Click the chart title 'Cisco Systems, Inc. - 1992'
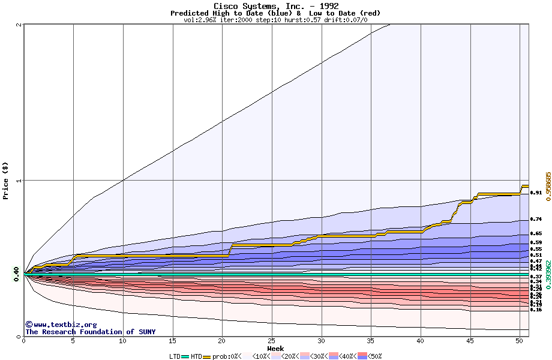(x=275, y=6)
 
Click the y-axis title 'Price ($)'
(x=6, y=180)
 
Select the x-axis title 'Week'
(x=275, y=348)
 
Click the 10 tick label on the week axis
(x=123, y=341)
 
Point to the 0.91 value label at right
(x=536, y=193)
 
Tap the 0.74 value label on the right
(x=536, y=220)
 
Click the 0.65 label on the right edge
(x=536, y=233)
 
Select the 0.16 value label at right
(x=536, y=310)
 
